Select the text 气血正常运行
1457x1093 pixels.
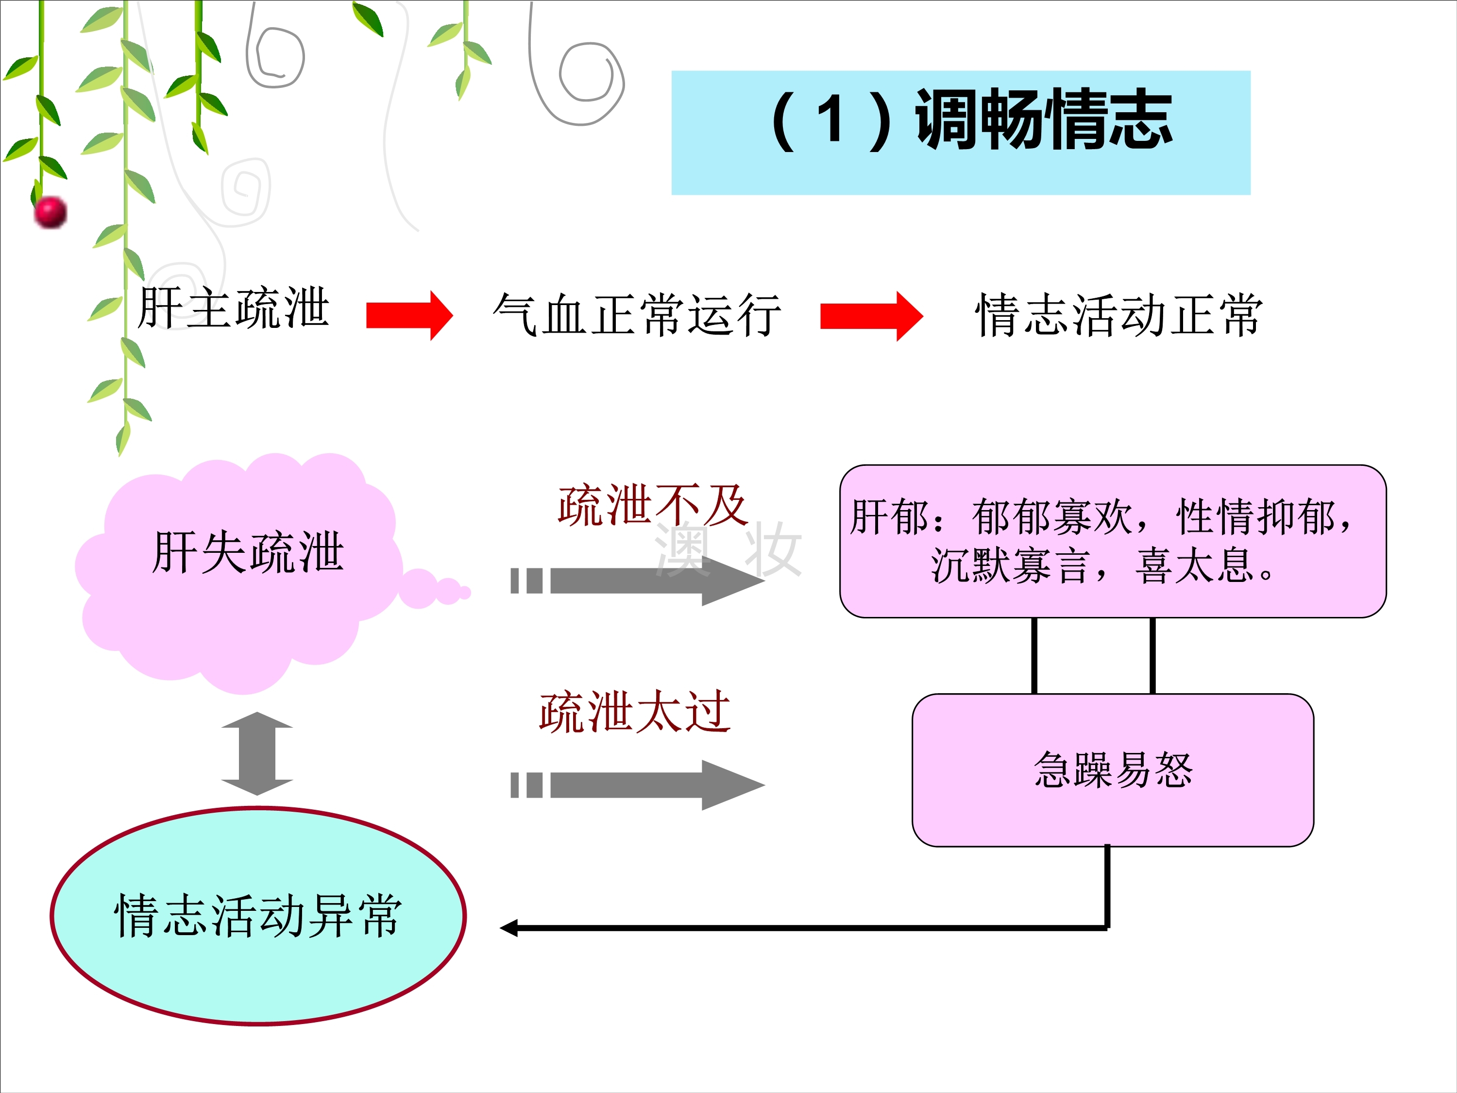(637, 315)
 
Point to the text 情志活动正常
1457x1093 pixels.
(1118, 315)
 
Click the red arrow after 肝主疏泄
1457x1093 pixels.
(409, 316)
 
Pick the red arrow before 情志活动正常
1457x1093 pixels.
(870, 316)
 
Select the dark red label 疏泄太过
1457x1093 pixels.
(634, 712)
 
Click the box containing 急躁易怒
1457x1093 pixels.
(1113, 769)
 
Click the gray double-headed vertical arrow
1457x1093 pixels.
(257, 753)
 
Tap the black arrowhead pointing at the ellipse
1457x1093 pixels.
(508, 928)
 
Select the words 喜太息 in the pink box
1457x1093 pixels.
(1194, 566)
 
